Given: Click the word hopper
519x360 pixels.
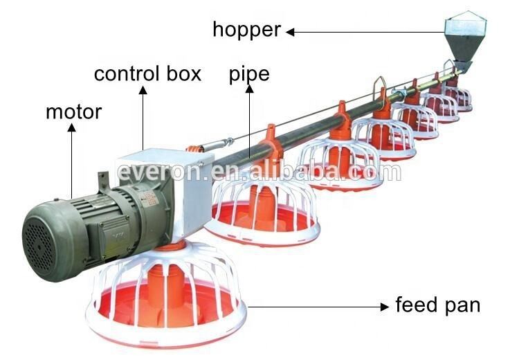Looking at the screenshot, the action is (x=247, y=30).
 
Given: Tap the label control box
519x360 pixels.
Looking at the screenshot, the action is (x=147, y=73).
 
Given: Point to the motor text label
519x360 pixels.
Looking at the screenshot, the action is (x=74, y=112).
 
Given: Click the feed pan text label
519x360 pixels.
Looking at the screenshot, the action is (x=437, y=305).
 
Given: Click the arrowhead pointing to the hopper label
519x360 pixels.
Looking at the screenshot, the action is (x=290, y=32).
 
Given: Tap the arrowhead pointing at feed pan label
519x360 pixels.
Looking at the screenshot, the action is (x=385, y=307).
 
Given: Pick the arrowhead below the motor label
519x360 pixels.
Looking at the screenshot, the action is (x=71, y=127).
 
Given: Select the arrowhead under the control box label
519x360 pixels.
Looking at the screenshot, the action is (x=143, y=90).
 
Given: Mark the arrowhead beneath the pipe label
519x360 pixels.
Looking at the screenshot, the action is (x=250, y=89).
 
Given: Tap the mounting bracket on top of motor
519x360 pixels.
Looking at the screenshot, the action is (x=104, y=181).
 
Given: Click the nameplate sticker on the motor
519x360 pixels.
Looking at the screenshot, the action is (x=148, y=198).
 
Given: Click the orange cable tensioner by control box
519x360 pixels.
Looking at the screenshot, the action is (x=194, y=149).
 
